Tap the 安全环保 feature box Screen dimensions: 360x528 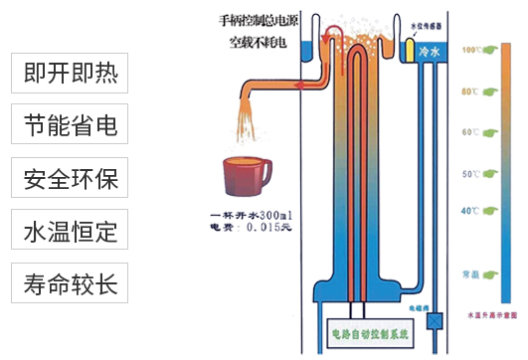point(71,180)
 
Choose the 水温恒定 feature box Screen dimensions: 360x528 point(71,233)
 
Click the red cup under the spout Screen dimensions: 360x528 point(241,177)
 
